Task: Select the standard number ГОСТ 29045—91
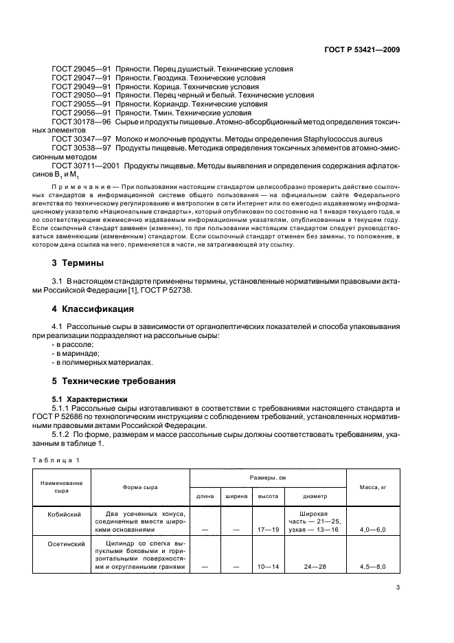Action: point(81,69)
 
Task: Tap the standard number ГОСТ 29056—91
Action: point(81,113)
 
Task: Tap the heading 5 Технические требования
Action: point(114,381)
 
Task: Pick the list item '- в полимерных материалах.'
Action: point(103,362)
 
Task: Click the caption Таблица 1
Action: point(56,459)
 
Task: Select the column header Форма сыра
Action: point(140,487)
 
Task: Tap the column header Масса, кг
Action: point(373,487)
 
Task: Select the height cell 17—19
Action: point(268,530)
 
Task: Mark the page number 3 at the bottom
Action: point(398,587)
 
